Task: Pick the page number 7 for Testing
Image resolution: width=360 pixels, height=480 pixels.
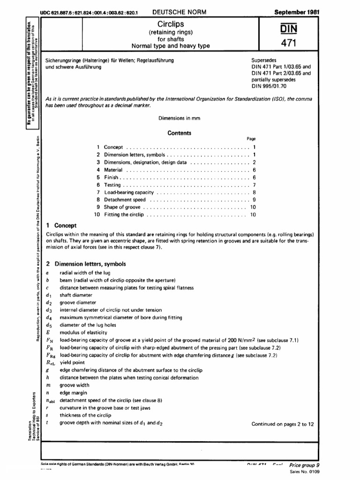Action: [x=254, y=185]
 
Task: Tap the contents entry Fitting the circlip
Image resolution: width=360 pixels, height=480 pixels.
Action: [x=124, y=215]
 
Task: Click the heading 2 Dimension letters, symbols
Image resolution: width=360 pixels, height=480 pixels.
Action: [x=82, y=264]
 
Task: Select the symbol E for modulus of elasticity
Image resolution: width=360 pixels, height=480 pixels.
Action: [x=48, y=332]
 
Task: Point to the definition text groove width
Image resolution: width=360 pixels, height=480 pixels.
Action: [x=74, y=385]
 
